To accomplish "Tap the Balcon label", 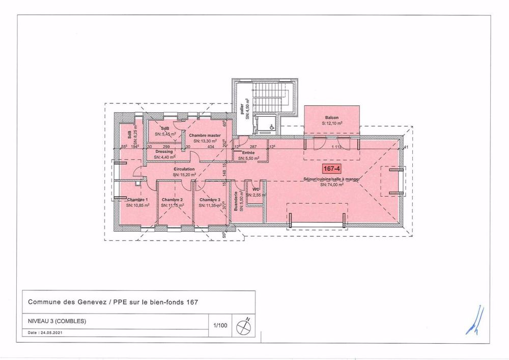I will tap(332, 117).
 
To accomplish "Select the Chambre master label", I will tap(205, 135).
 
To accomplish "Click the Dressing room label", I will tap(164, 152).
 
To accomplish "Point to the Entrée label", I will tap(248, 153).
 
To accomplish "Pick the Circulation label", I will tap(183, 169).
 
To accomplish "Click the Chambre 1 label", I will tap(137, 200).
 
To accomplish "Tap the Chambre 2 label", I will tap(172, 200).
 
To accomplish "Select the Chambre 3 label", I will tap(210, 200).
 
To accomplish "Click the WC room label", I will tap(256, 189).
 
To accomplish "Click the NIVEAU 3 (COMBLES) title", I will tap(56, 321).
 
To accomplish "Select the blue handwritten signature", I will tap(474, 321).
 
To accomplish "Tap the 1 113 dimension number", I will tap(335, 147).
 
